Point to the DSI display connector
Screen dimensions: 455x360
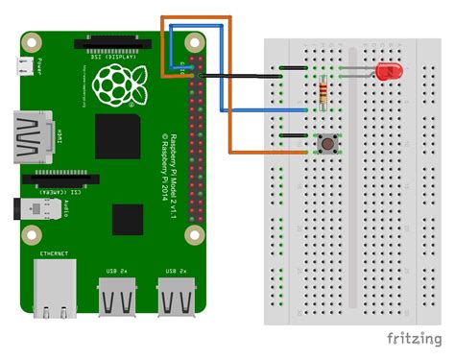pyautogui.click(x=113, y=44)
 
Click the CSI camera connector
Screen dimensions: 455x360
pyautogui.click(x=61, y=178)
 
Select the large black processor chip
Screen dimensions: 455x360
pyautogui.click(x=119, y=135)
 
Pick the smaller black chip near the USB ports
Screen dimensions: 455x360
pyautogui.click(x=128, y=219)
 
